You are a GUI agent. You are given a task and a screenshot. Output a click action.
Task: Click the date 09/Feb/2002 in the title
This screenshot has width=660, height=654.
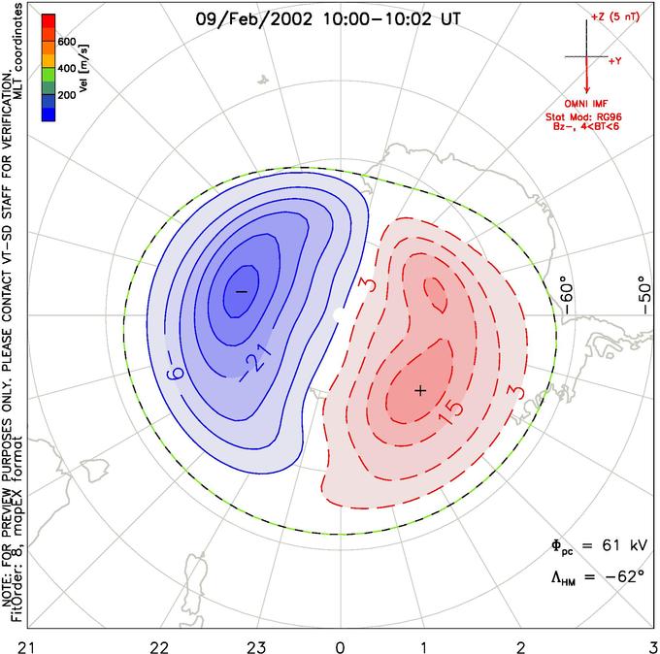pos(254,19)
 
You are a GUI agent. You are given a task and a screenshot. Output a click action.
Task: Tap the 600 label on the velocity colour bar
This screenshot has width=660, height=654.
pos(67,42)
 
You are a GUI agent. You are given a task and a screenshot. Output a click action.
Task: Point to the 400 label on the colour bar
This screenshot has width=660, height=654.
pos(67,68)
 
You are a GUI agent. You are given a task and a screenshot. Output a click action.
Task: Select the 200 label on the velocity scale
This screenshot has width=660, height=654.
pos(67,95)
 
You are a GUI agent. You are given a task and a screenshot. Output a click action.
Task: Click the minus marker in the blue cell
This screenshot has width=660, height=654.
pos(241,291)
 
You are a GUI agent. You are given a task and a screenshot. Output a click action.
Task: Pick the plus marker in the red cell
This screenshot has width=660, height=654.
pos(420,391)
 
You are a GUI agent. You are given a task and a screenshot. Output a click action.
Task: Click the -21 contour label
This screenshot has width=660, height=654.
pos(255,362)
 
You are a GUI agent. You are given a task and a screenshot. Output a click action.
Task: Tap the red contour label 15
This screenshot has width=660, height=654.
pos(450,411)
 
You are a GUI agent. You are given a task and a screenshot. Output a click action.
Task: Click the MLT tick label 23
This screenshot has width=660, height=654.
pos(256,647)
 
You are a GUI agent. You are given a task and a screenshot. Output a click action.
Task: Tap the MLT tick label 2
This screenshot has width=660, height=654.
pos(521,647)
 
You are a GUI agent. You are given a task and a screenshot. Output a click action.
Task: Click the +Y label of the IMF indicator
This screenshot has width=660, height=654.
pos(615,61)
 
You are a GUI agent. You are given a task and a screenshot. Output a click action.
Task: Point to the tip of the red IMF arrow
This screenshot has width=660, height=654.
pos(587,93)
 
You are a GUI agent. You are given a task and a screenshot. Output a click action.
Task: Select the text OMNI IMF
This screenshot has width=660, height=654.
pos(586,104)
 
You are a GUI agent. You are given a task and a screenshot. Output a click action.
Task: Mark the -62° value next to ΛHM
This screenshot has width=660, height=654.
pos(625,575)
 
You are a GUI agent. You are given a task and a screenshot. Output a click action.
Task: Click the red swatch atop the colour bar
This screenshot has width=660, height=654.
pos(49,21)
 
